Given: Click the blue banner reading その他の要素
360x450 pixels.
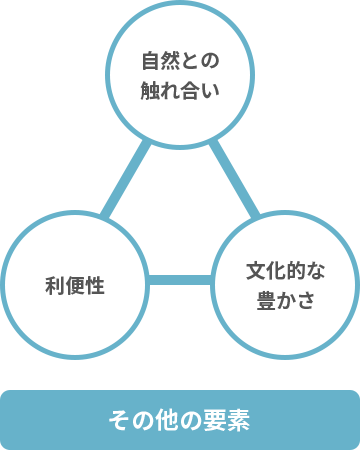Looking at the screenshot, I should point(180,419).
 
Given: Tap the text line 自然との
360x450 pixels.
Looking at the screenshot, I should point(180,61).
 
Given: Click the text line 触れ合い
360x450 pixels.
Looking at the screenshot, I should point(180,89).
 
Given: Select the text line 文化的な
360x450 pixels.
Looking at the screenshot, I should point(286,271).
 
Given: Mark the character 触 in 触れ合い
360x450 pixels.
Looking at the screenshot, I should point(150,89).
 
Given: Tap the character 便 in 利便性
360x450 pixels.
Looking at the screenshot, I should point(75,286).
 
